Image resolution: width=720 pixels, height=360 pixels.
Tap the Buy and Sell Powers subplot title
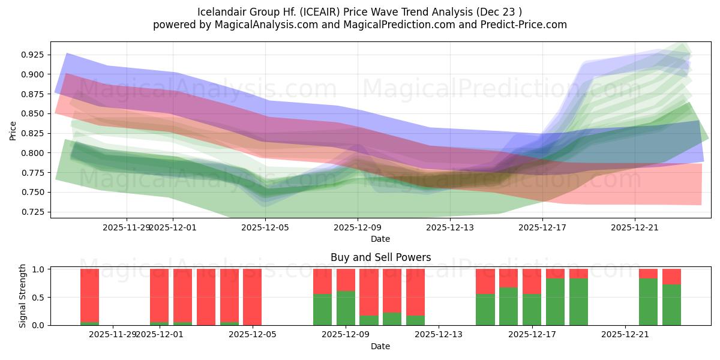[x=380, y=257]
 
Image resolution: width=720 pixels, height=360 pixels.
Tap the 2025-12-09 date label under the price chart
[x=358, y=227]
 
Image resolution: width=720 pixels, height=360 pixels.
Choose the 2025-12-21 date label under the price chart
[x=635, y=227]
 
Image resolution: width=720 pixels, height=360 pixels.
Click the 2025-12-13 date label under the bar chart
[x=439, y=334]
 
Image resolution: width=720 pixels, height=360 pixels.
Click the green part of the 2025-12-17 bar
[x=532, y=310]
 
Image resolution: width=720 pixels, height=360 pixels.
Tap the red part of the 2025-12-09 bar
[x=346, y=280]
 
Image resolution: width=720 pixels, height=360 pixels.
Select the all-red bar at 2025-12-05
[x=253, y=297]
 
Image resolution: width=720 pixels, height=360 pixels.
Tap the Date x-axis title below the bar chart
[x=380, y=346]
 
